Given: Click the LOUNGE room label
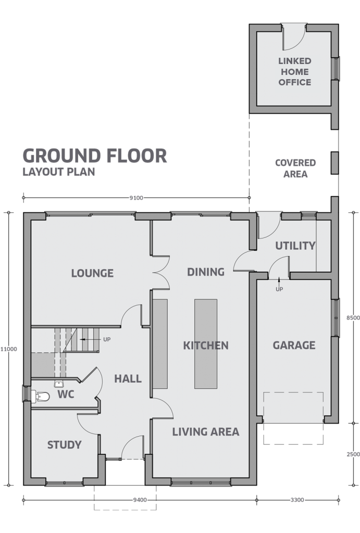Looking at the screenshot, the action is tap(92, 273).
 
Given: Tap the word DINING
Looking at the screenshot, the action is tap(206, 272).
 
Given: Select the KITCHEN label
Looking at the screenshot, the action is tap(206, 346).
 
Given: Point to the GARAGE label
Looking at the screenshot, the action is tap(294, 345).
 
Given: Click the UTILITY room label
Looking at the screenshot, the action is tap(295, 246).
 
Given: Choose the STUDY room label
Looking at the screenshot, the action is tap(64, 445).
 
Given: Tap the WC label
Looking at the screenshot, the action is tap(66, 395).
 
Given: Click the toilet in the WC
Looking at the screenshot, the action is tap(41, 396).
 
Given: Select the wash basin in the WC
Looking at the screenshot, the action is tap(59, 384).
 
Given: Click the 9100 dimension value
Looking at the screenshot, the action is tap(136, 198).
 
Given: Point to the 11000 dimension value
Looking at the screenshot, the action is tap(8, 349).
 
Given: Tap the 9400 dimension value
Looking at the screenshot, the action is tap(140, 500).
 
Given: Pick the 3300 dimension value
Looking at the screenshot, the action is tap(297, 500).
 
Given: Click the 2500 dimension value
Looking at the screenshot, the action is tap(353, 454).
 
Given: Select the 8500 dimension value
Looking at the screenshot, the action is tap(353, 318).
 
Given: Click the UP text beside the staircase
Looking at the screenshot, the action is tap(107, 339).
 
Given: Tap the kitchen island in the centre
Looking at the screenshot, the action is tap(206, 344).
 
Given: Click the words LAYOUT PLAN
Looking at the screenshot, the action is tap(59, 172).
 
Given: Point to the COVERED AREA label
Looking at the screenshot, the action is tap(295, 168).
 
